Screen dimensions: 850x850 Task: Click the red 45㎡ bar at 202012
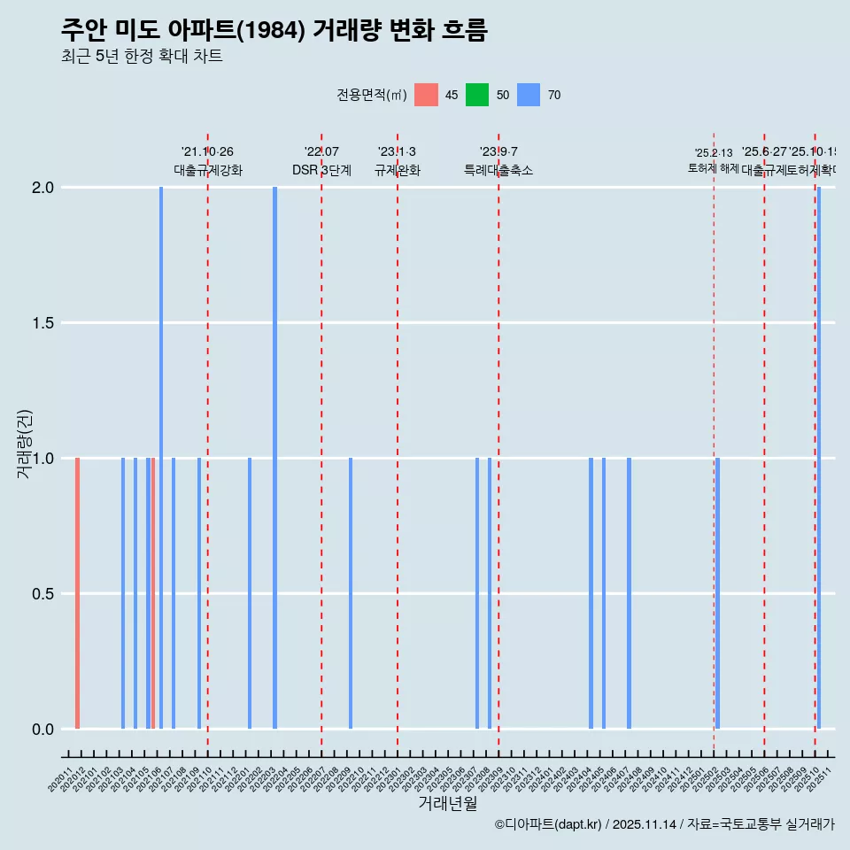pyautogui.click(x=78, y=593)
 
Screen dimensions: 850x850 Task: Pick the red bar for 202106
pyautogui.click(x=153, y=593)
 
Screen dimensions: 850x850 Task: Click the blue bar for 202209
pyautogui.click(x=351, y=593)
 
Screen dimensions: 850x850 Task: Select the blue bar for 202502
pyautogui.click(x=717, y=593)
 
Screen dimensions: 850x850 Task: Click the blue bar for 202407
pyautogui.click(x=629, y=593)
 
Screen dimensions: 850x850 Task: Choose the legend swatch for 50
pyautogui.click(x=477, y=95)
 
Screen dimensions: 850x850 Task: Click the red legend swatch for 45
pyautogui.click(x=426, y=95)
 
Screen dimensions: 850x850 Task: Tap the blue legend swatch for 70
pyautogui.click(x=529, y=95)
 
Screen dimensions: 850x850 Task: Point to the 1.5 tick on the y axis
pyautogui.click(x=43, y=323)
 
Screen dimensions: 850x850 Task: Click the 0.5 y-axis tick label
pyautogui.click(x=43, y=593)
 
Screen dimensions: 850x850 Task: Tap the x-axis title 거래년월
pyautogui.click(x=447, y=804)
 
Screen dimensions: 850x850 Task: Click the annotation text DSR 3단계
pyautogui.click(x=321, y=170)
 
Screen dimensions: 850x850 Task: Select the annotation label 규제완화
pyautogui.click(x=397, y=170)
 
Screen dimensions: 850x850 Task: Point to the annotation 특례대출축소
pyautogui.click(x=498, y=170)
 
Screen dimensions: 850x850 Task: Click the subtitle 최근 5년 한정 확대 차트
pyautogui.click(x=141, y=57)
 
